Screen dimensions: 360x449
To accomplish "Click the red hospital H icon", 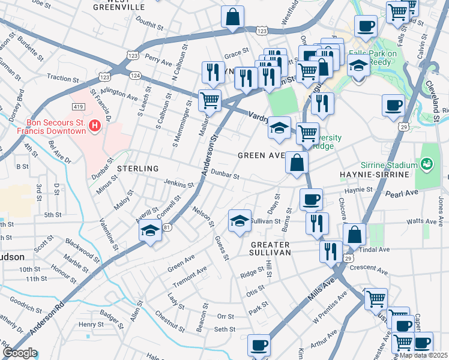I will pos(94,126).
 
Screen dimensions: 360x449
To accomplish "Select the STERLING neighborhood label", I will pos(137,169).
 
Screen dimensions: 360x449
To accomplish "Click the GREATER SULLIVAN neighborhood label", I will pos(270,249).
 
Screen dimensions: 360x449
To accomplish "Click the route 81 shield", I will pos(167,227).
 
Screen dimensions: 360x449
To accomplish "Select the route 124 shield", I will pos(136,75).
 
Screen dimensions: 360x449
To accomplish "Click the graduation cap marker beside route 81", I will pos(149,230).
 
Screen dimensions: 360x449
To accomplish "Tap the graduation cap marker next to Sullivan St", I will pos(239,221).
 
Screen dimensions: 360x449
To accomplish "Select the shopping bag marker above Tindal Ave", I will pos(355,235).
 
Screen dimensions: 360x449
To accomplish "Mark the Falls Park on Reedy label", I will pos(373,58).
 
